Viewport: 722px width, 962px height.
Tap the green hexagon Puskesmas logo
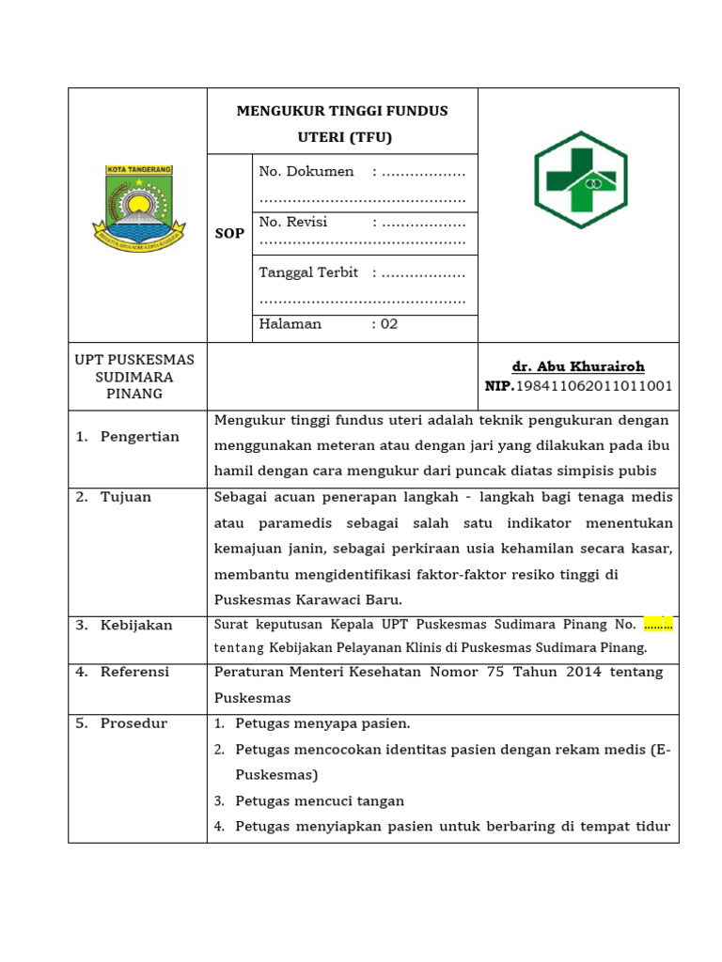coord(580,180)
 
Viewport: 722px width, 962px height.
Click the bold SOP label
coord(229,234)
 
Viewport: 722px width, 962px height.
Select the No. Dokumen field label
coord(306,172)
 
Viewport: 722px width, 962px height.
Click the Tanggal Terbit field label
coord(308,272)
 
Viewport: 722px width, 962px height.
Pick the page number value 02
coord(389,324)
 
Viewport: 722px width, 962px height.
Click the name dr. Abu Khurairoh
coord(578,366)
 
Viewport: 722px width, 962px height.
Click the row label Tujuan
coord(126,497)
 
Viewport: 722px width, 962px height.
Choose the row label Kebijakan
coord(136,626)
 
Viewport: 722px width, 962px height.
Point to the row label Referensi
coord(134,673)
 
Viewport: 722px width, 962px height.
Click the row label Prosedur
coord(133,723)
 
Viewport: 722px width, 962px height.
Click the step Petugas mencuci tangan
coord(319,801)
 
